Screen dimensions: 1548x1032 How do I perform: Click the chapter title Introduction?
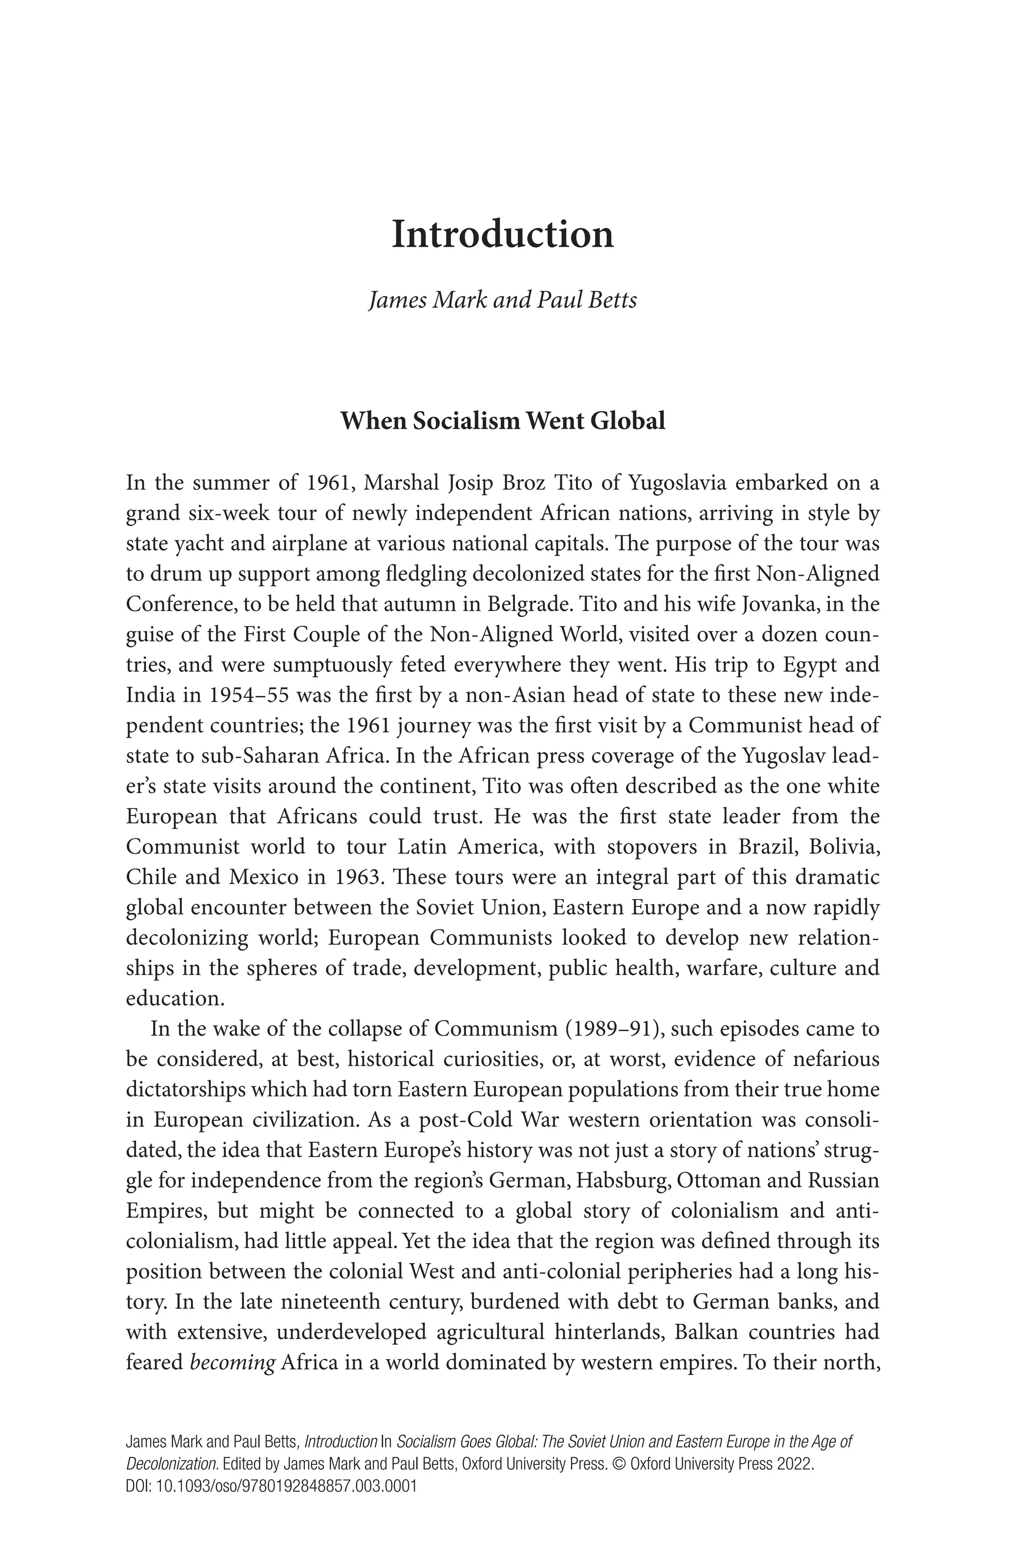[503, 235]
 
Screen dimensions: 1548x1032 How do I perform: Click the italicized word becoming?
[232, 1363]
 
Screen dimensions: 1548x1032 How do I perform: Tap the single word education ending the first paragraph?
[175, 998]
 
